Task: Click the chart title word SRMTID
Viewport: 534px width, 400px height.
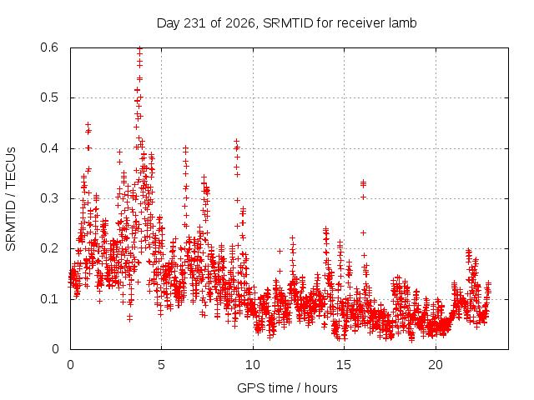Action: (x=288, y=23)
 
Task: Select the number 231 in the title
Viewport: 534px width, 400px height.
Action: (x=194, y=23)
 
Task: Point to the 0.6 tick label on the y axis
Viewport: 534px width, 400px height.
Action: (x=49, y=47)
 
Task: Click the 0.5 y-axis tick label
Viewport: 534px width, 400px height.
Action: (x=49, y=97)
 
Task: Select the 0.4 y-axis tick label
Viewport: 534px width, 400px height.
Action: (x=49, y=148)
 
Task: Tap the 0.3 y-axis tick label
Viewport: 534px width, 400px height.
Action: (x=49, y=198)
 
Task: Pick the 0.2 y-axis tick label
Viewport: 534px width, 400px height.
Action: (x=49, y=248)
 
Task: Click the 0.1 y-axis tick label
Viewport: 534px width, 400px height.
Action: (x=49, y=299)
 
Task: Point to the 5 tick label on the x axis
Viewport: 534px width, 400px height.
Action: (x=161, y=365)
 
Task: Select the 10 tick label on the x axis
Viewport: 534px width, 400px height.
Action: (x=253, y=365)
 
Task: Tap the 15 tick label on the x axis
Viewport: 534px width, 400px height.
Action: (x=344, y=365)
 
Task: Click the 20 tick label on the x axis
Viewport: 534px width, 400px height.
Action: (x=436, y=365)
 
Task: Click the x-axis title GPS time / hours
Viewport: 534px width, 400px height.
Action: (x=287, y=387)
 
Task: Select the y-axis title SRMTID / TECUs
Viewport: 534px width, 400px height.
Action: (x=11, y=199)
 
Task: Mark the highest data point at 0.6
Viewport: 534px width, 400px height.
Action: (x=139, y=48)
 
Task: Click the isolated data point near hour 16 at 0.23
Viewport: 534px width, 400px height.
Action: (x=364, y=233)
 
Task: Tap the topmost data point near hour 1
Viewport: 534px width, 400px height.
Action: (x=88, y=124)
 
